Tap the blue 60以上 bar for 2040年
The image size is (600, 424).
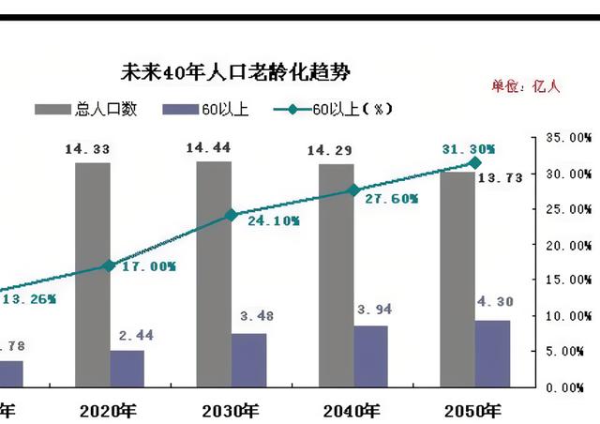(371, 356)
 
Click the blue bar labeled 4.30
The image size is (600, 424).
(492, 353)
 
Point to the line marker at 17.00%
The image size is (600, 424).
(109, 266)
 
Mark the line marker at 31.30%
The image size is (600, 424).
(474, 163)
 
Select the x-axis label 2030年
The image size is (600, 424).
(230, 410)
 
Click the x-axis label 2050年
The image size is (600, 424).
(472, 410)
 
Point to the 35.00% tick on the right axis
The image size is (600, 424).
(570, 138)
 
